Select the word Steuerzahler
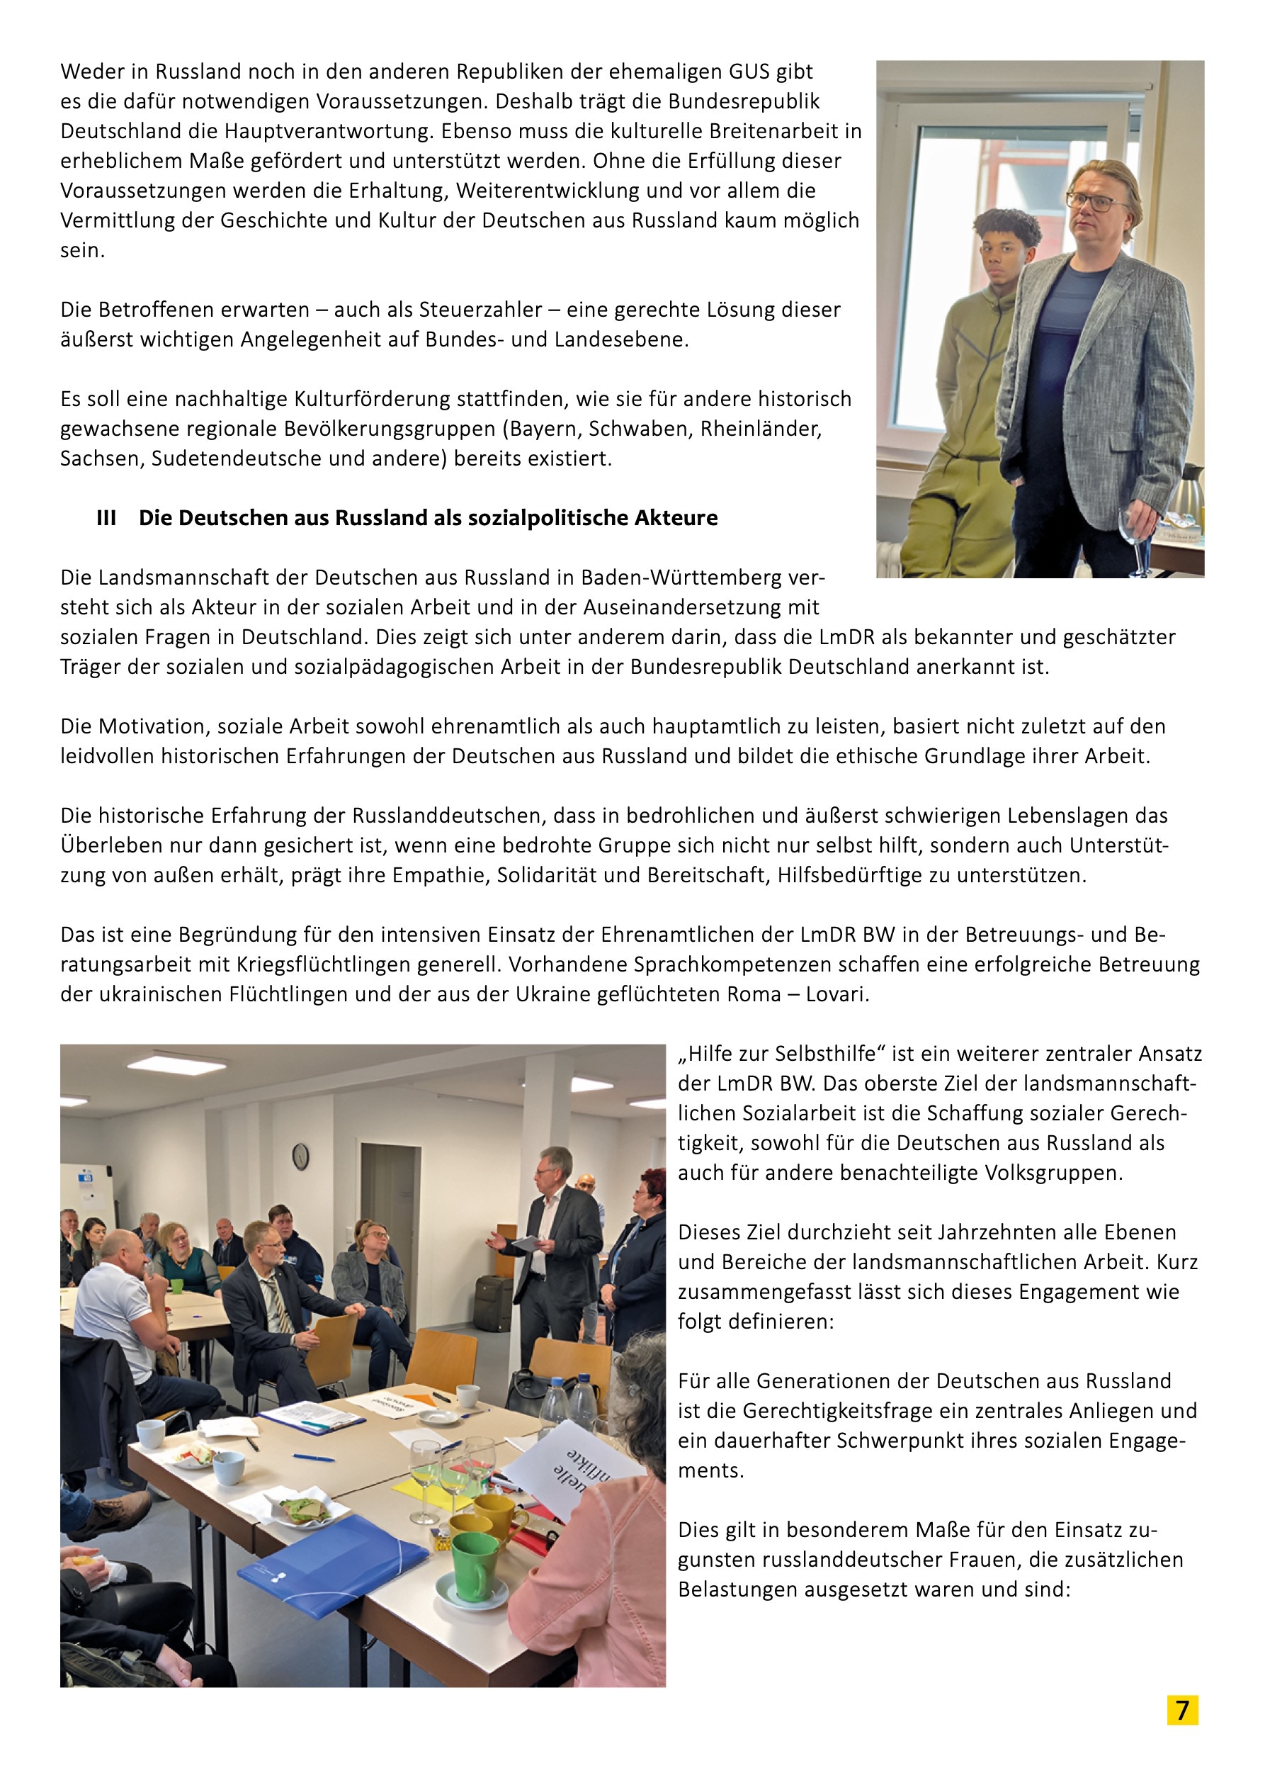(x=480, y=310)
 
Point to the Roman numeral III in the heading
(x=106, y=519)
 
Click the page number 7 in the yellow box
(x=1182, y=1710)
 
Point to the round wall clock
(x=300, y=1156)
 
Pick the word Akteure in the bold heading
(x=676, y=519)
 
